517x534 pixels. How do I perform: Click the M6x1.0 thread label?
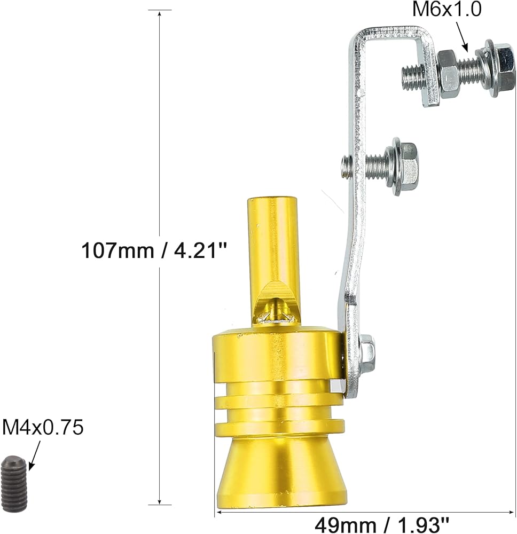[447, 9]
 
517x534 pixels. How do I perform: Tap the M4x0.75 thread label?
[43, 427]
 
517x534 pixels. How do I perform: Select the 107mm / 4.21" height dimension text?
[154, 250]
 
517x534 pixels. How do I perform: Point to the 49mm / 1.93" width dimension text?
[382, 525]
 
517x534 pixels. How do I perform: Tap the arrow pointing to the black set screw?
[35, 456]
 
